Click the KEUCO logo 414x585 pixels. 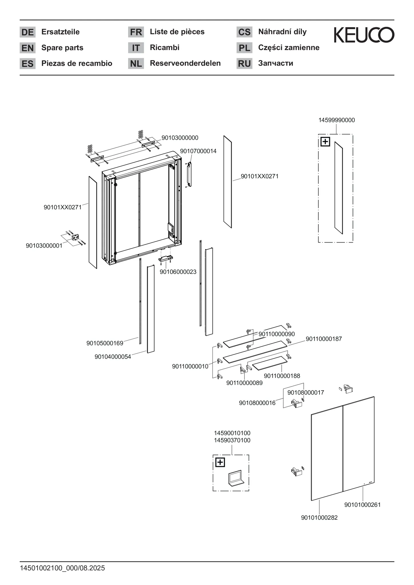click(364, 35)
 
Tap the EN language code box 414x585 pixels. click(27, 48)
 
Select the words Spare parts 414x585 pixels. click(62, 48)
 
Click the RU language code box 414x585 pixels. click(244, 63)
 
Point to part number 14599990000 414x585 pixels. click(337, 120)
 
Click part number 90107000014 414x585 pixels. click(198, 151)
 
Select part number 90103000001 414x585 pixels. click(44, 246)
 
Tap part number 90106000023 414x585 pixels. click(178, 272)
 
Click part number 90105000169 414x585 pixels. click(105, 343)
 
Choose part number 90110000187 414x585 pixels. click(324, 339)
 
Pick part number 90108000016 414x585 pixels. click(257, 403)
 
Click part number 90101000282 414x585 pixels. click(319, 518)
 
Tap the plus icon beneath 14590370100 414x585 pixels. click(220, 462)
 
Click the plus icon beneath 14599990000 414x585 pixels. click(325, 142)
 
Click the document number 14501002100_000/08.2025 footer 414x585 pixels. click(62, 568)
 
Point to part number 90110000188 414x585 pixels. click(282, 376)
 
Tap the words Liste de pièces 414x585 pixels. click(177, 32)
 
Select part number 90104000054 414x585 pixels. click(113, 357)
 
